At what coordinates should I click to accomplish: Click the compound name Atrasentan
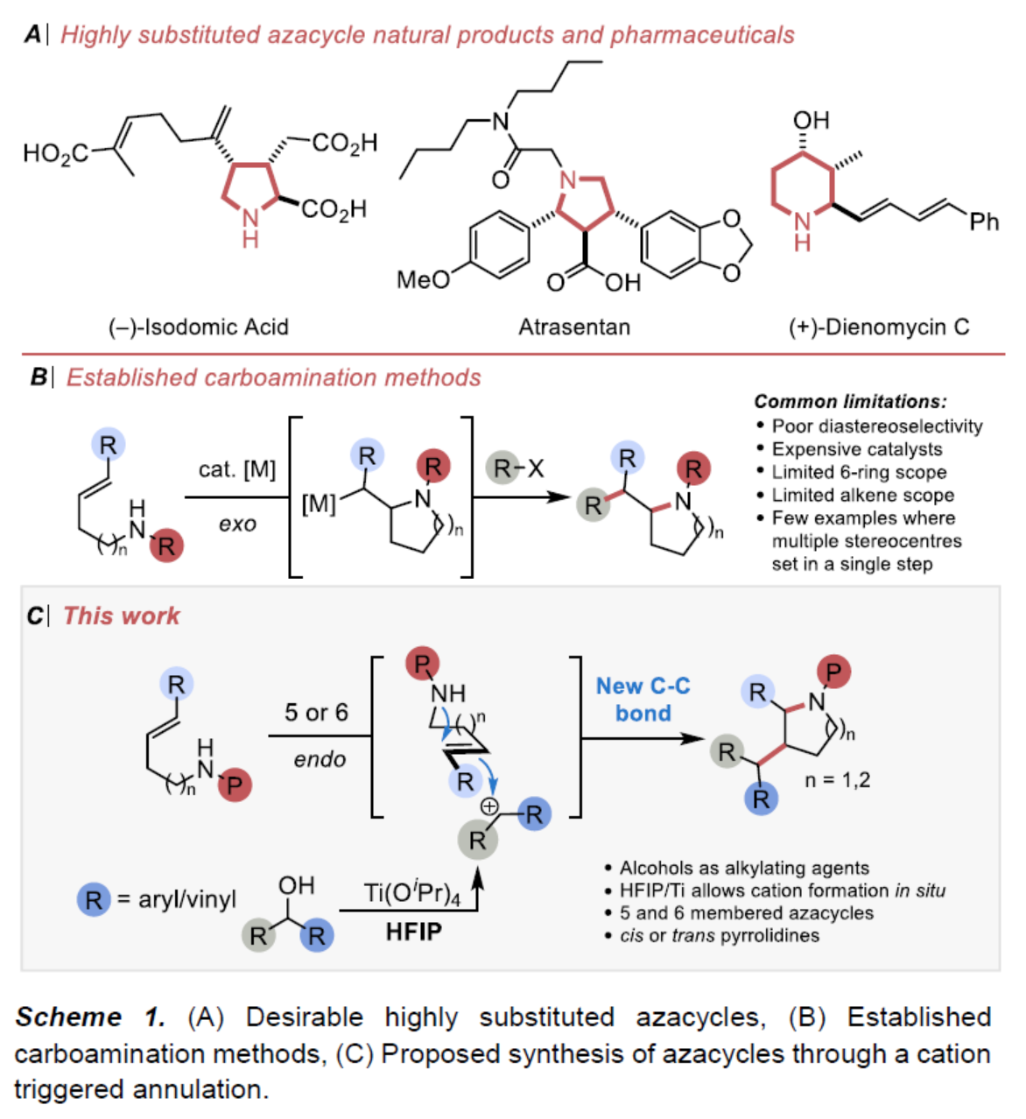pyautogui.click(x=573, y=327)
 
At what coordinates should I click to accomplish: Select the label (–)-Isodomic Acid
pyautogui.click(x=198, y=327)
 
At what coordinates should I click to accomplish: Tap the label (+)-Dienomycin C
pyautogui.click(x=879, y=327)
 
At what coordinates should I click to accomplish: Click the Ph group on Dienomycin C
pyautogui.click(x=983, y=222)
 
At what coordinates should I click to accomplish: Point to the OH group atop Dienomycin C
pyautogui.click(x=811, y=121)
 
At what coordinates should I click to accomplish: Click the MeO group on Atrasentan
pyautogui.click(x=423, y=279)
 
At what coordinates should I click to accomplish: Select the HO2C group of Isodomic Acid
pyautogui.click(x=55, y=153)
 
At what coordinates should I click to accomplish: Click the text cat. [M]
pyautogui.click(x=236, y=470)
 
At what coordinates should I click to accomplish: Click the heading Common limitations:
pyautogui.click(x=850, y=402)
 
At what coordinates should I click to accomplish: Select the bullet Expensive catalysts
pyautogui.click(x=856, y=449)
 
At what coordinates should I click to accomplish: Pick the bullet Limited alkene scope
pyautogui.click(x=862, y=495)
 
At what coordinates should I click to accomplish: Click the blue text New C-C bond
pyautogui.click(x=643, y=699)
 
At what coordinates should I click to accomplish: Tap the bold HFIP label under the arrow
pyautogui.click(x=413, y=932)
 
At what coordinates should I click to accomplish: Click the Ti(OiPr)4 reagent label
pyautogui.click(x=411, y=894)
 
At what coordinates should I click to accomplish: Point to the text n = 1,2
pyautogui.click(x=837, y=780)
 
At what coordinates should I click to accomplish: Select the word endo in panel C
pyautogui.click(x=320, y=759)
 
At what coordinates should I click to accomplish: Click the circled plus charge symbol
pyautogui.click(x=489, y=806)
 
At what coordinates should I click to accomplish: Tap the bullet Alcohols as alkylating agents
pyautogui.click(x=744, y=868)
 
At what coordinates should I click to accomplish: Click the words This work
pyautogui.click(x=122, y=616)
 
